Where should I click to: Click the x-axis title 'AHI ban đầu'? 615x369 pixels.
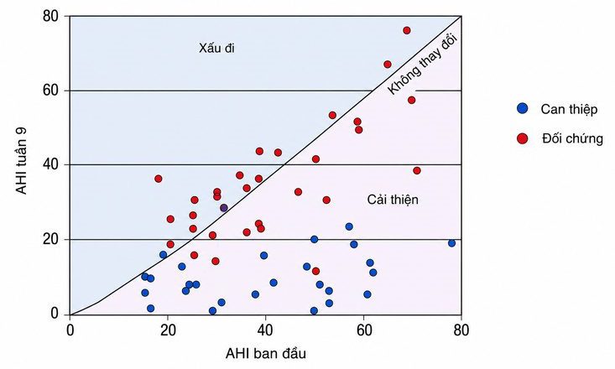265,354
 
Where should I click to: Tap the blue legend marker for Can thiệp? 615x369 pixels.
522,108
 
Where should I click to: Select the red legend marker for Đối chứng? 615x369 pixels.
522,138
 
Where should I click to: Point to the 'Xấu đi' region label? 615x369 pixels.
217,49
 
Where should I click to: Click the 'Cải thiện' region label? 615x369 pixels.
393,200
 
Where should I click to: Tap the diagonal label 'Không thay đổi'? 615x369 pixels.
423,65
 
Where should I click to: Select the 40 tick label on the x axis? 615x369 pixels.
265,330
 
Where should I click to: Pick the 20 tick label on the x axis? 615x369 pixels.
168,330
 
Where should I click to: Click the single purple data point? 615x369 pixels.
223,208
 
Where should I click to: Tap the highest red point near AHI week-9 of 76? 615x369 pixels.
407,30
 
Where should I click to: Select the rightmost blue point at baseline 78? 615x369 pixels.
452,243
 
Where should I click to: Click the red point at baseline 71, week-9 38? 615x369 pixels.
417,170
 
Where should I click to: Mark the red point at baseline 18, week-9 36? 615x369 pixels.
159,179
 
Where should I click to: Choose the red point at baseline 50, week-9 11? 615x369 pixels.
315,271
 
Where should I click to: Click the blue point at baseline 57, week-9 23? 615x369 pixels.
349,226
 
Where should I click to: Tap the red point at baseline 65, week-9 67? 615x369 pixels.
388,65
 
